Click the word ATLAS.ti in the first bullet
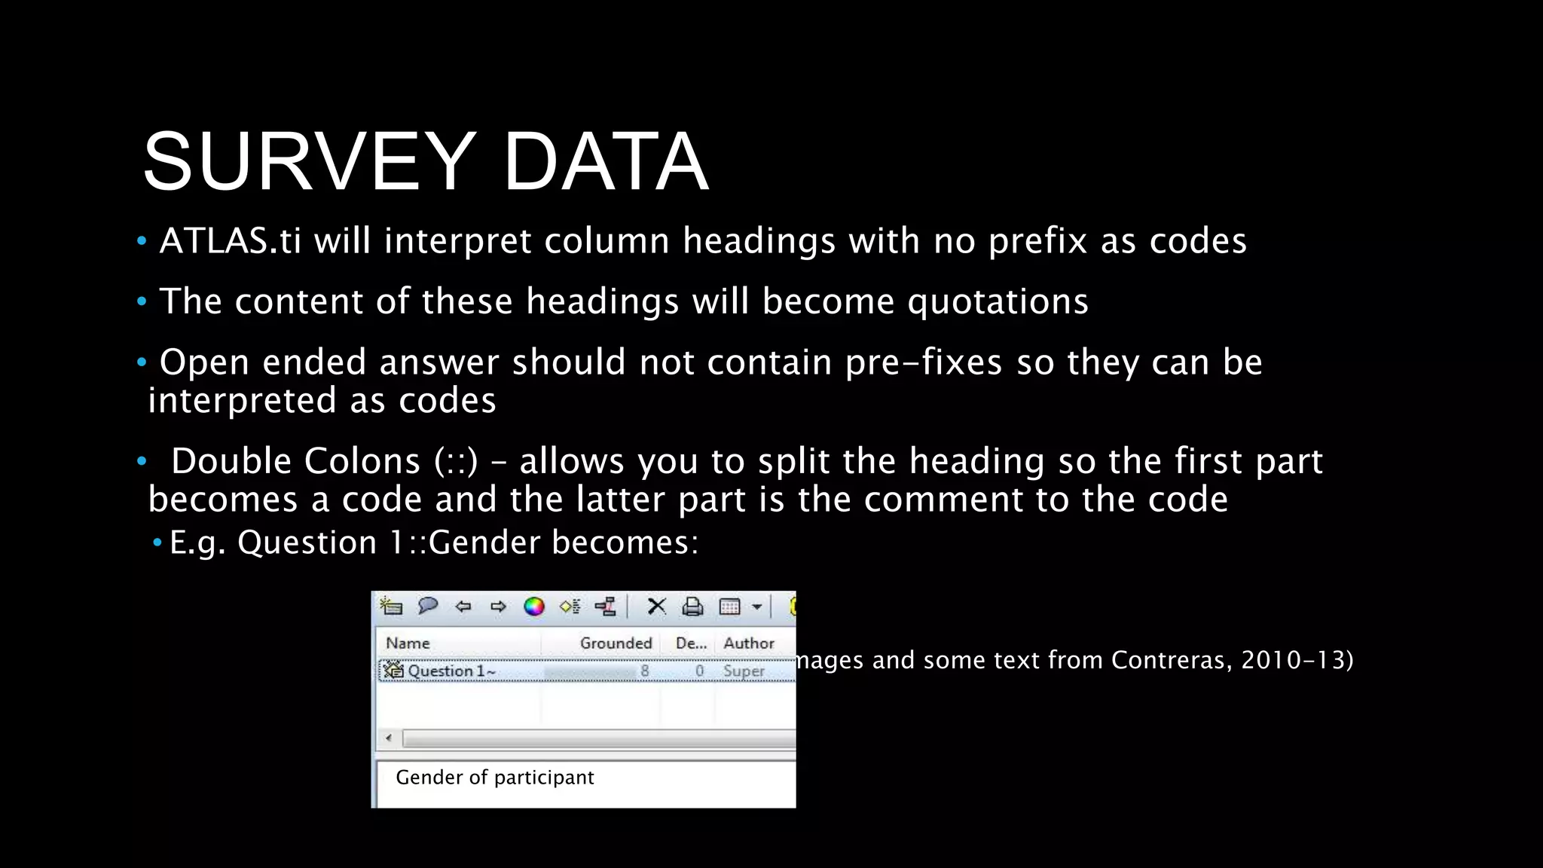pos(231,241)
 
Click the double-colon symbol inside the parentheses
pos(457,461)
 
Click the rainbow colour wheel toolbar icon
pos(534,607)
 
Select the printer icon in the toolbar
pos(692,607)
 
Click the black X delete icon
pos(656,607)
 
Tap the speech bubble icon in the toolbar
pos(427,606)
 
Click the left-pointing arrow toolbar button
pos(463,607)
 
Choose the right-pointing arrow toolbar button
pos(498,607)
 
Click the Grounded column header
pos(616,643)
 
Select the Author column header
pos(748,643)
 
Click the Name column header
pos(408,643)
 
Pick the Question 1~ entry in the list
pos(451,671)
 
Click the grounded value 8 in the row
pos(645,671)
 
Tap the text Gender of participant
pos(494,777)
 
